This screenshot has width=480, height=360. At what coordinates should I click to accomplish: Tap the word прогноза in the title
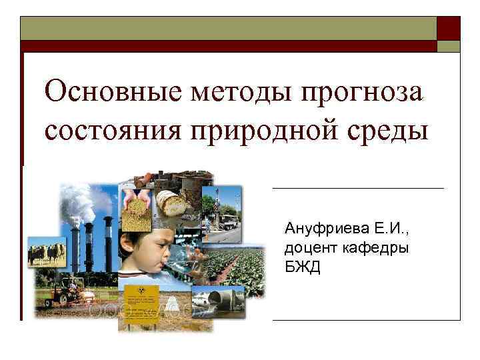[x=349, y=91]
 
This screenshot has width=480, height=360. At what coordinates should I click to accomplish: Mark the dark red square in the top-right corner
[x=448, y=28]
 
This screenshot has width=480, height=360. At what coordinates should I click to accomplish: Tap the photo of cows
[x=46, y=253]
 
